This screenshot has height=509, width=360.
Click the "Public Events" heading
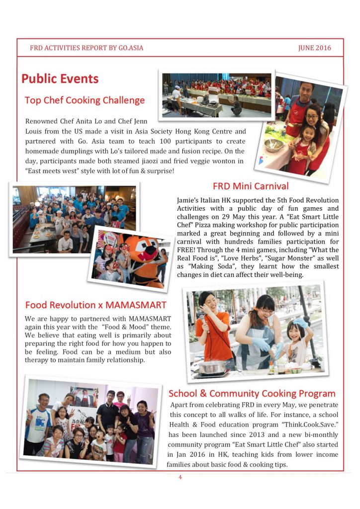coord(60,79)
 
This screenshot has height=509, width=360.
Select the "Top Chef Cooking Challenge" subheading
coord(85,100)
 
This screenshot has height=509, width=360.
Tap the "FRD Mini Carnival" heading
coord(251,186)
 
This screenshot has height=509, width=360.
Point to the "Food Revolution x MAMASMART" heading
coord(95,304)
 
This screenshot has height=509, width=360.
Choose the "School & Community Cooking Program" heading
coord(252,394)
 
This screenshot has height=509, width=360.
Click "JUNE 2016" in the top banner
coord(314,48)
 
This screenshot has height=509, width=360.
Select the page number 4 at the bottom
coord(180,478)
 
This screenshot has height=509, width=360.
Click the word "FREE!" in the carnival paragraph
coord(188,250)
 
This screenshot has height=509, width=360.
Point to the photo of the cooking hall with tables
coord(217,93)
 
